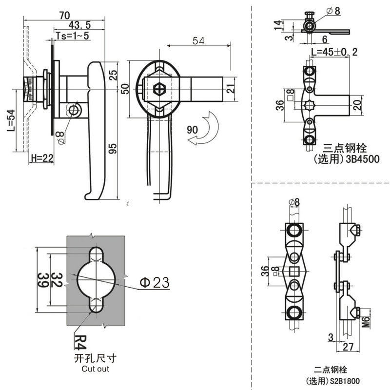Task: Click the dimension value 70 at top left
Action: pyautogui.click(x=63, y=16)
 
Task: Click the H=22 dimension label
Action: pyautogui.click(x=41, y=158)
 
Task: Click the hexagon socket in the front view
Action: pyautogui.click(x=159, y=90)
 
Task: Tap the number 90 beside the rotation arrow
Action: pyautogui.click(x=193, y=130)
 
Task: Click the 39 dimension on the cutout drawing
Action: pyautogui.click(x=42, y=282)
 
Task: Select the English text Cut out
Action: pyautogui.click(x=95, y=369)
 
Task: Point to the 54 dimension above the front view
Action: pyautogui.click(x=197, y=41)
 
